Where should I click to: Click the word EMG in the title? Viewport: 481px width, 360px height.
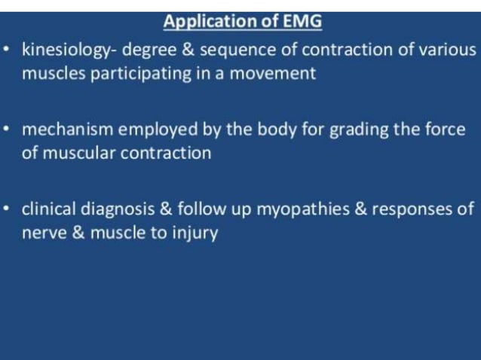pos(302,22)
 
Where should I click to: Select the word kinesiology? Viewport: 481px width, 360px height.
pos(68,51)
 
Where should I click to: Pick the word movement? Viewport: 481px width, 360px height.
pos(275,74)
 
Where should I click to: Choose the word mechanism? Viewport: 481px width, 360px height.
pos(68,130)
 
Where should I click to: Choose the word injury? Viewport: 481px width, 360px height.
pos(195,233)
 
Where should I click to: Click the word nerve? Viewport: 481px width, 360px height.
pos(42,233)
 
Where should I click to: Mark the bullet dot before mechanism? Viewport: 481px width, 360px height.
pos(7,130)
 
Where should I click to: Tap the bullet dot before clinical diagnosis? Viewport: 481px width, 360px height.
pos(7,209)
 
